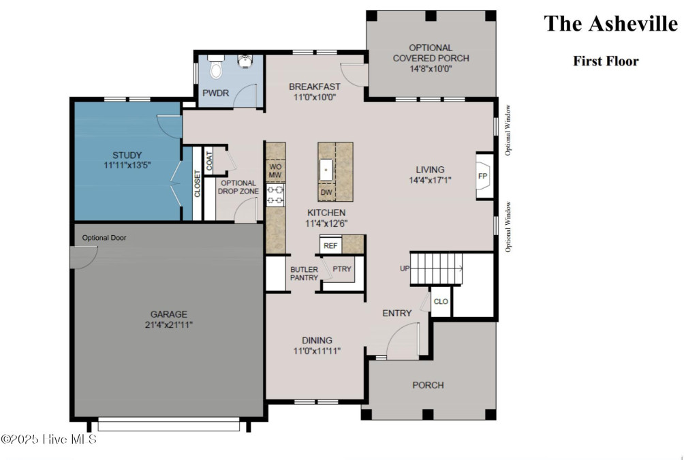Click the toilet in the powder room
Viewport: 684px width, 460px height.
pos(215,65)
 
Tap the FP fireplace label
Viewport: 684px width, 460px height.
pos(482,177)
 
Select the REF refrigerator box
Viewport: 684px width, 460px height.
pos(330,245)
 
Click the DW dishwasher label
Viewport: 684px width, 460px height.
pos(326,192)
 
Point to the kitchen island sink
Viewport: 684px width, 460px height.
pos(326,170)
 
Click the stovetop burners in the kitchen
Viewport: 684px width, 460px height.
pos(275,195)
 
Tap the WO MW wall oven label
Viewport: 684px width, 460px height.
pos(275,170)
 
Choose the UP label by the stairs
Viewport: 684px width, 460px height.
pos(405,269)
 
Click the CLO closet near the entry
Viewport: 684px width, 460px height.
pos(441,301)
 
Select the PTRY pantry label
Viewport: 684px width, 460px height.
pos(342,269)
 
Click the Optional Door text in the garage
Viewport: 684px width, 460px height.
pos(104,238)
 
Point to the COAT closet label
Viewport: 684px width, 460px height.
pos(209,161)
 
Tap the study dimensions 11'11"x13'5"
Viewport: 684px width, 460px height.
pos(127,166)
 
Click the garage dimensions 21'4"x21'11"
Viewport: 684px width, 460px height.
pos(169,324)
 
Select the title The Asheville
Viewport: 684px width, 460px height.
pos(610,24)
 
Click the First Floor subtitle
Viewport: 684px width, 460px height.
pos(606,61)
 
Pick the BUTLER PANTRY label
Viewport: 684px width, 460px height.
pos(304,274)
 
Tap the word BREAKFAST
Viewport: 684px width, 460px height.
pos(315,87)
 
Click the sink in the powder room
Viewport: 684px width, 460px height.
pos(245,61)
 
